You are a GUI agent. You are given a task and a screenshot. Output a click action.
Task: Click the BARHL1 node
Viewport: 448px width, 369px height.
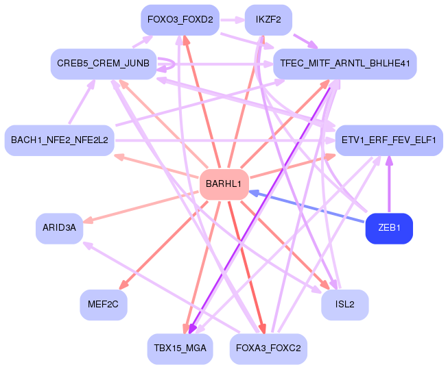(x=224, y=184)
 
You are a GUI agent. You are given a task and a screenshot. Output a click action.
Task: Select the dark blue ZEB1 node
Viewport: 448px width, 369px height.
(x=389, y=228)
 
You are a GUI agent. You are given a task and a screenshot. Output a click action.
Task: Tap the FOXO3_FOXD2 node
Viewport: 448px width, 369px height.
(x=180, y=20)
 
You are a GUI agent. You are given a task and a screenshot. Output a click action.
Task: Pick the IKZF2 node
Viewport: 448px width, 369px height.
(x=268, y=20)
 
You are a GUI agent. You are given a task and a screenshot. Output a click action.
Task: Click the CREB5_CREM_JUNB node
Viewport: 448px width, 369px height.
(x=103, y=64)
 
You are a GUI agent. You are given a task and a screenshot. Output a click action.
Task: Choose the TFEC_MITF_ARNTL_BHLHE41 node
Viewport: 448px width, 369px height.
(x=345, y=64)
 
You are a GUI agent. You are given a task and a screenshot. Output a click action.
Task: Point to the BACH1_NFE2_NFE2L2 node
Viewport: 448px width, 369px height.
(x=59, y=140)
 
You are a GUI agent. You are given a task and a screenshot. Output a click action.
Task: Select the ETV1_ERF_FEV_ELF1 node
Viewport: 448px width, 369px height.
(x=388, y=140)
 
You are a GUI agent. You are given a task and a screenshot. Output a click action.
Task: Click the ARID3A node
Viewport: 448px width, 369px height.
(x=59, y=228)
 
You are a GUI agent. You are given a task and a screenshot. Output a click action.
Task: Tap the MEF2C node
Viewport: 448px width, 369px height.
(x=103, y=305)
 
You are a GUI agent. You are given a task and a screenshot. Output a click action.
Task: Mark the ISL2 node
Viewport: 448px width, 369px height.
(x=344, y=305)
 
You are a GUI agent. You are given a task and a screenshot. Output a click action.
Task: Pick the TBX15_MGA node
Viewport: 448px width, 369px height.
(x=180, y=348)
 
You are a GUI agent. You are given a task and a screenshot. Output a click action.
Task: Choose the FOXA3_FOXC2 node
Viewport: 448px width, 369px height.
(x=268, y=348)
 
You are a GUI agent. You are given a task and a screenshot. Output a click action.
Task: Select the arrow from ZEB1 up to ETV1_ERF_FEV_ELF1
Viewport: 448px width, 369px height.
(x=389, y=185)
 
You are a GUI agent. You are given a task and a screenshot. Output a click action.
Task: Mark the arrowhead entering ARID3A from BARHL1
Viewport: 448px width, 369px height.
(x=88, y=220)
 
